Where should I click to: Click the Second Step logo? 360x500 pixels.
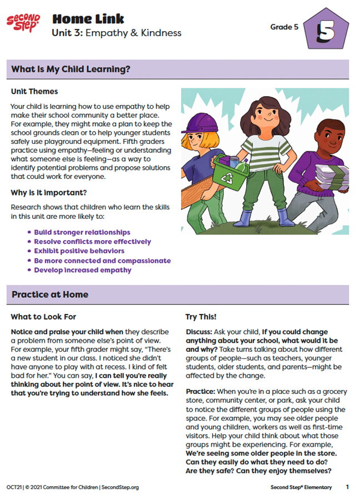[x=23, y=23]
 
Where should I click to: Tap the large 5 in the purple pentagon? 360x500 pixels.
[x=326, y=32]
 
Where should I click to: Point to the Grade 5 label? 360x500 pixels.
[x=283, y=26]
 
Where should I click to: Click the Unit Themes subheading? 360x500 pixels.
[x=34, y=91]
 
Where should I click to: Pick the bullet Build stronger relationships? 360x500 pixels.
[x=82, y=232]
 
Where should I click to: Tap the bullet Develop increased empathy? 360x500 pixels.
[x=83, y=270]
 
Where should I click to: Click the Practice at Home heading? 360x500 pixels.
[x=50, y=294]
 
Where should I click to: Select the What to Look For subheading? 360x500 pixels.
[x=43, y=317]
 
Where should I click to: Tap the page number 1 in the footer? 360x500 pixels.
[x=347, y=487]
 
